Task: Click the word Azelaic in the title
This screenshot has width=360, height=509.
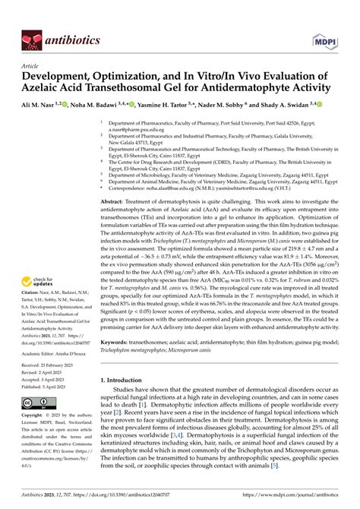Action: (58, 88)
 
